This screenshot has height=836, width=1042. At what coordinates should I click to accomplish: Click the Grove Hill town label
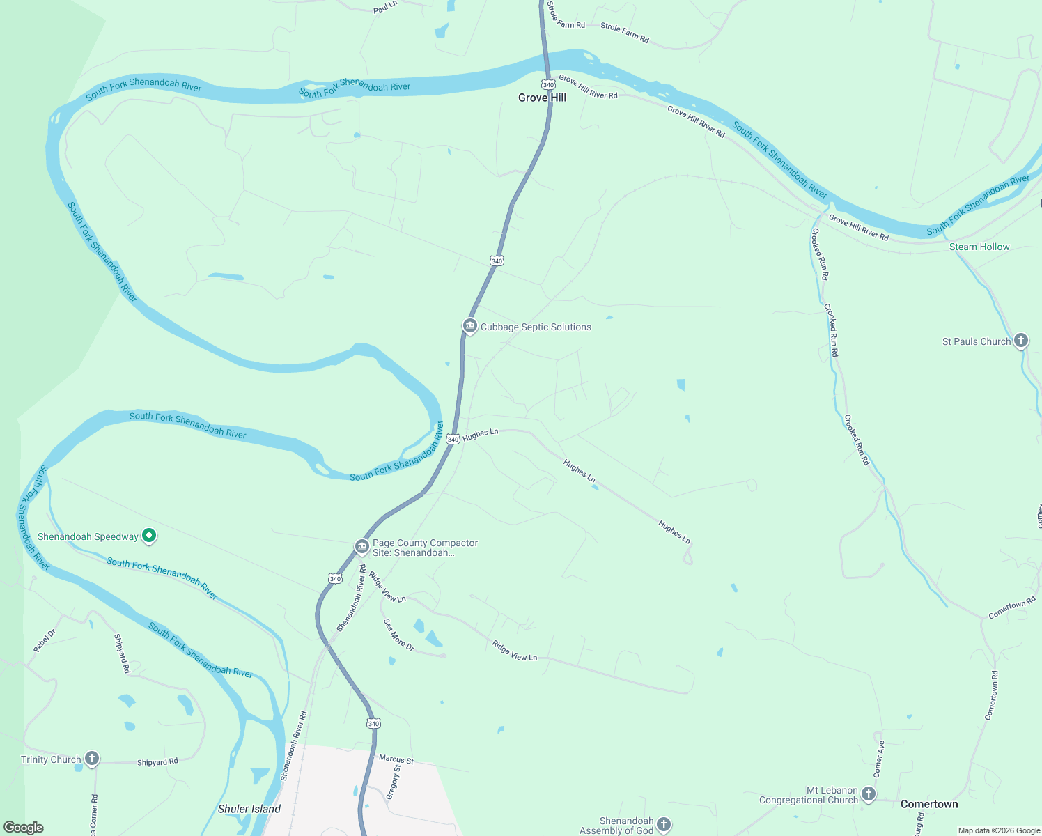pos(542,98)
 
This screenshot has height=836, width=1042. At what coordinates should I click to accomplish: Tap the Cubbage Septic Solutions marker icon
pos(470,326)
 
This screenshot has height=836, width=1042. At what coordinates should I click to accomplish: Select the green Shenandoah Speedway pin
pos(148,536)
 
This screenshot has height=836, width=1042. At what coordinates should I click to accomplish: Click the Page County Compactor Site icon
pos(361,547)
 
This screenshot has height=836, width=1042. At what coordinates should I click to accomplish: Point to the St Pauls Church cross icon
pos(1021,341)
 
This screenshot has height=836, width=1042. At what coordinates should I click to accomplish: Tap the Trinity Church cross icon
pos(92,759)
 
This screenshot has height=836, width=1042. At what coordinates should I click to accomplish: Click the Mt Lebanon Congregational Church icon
pos(868,794)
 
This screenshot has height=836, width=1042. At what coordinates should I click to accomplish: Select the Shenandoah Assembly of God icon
pos(664,825)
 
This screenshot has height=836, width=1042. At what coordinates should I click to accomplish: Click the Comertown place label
pos(929,804)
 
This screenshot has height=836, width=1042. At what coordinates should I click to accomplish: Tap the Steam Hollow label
pos(979,247)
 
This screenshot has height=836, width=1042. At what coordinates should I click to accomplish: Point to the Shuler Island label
pos(249,809)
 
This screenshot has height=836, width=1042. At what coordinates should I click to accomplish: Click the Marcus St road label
pos(396,759)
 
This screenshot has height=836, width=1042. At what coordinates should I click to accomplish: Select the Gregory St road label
pos(394,782)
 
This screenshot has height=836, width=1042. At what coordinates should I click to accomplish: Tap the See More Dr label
pos(398,635)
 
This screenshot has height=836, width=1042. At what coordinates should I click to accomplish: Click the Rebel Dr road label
pos(45,641)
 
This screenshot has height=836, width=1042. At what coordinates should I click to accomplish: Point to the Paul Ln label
pos(385,8)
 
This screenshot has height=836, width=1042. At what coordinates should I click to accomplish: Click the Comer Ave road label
pos(880,759)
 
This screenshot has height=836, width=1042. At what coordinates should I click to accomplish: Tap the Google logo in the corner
pos(24,828)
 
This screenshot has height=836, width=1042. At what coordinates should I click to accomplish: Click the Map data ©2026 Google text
pos(999,830)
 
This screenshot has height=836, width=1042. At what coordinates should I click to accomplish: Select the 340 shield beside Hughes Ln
pos(453,439)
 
